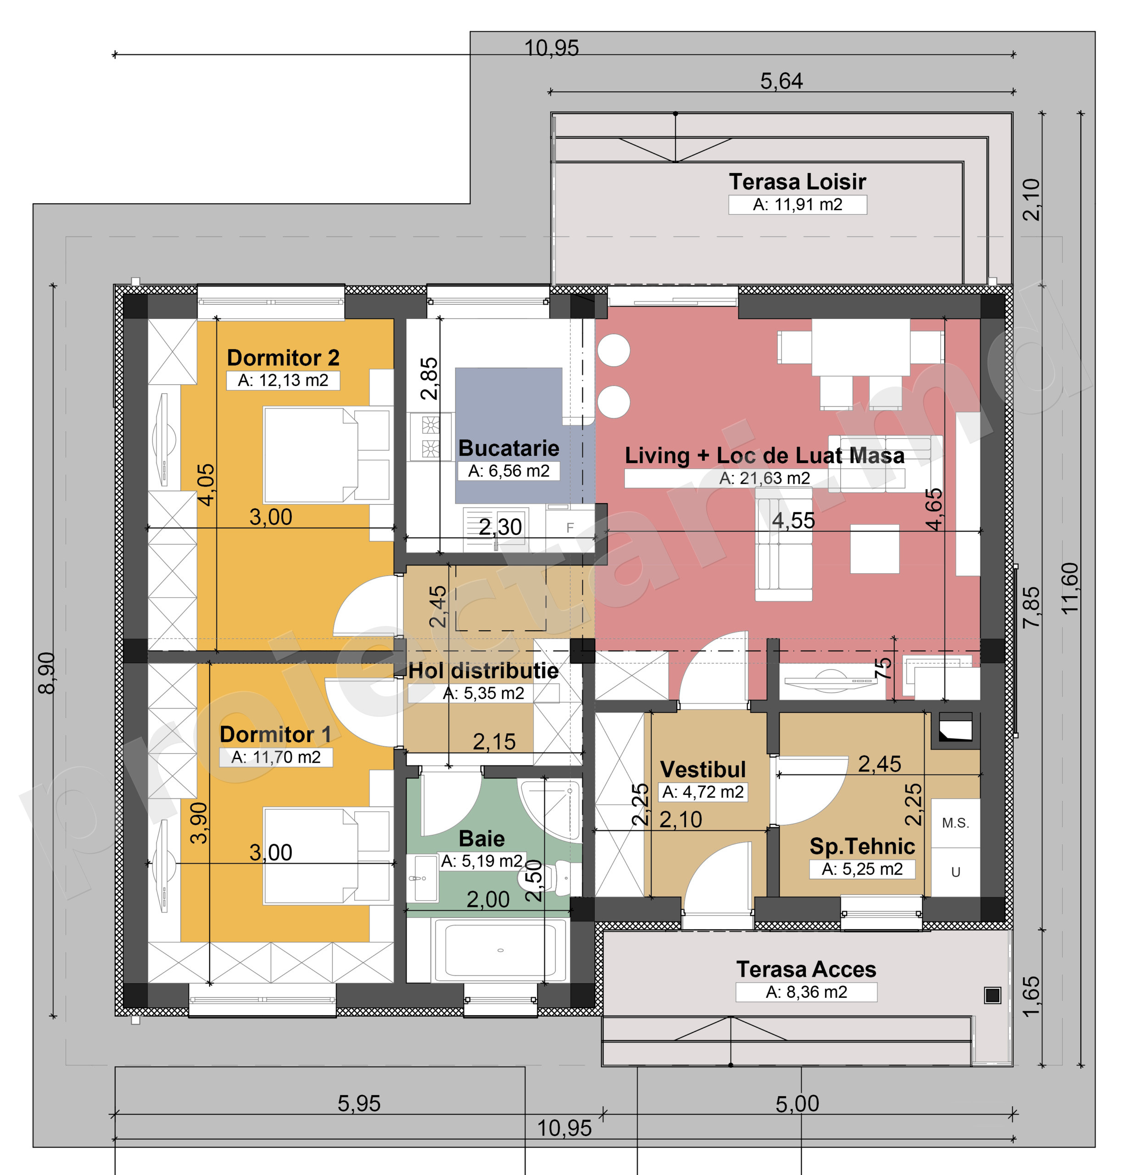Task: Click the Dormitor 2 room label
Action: tap(283, 358)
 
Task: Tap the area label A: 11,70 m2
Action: tap(276, 757)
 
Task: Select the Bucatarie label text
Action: tap(508, 448)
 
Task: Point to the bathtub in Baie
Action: tap(500, 950)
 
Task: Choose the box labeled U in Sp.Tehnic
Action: tap(955, 872)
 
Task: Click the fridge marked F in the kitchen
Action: tap(570, 527)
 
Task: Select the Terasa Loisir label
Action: tap(797, 181)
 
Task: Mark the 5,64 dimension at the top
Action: tap(781, 81)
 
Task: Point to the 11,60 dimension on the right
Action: tap(1070, 588)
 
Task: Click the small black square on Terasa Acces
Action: tap(992, 995)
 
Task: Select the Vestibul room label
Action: tap(703, 769)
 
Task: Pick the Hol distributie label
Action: tap(483, 671)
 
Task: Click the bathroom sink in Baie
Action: tap(422, 878)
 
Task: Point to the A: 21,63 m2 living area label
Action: tap(765, 478)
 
